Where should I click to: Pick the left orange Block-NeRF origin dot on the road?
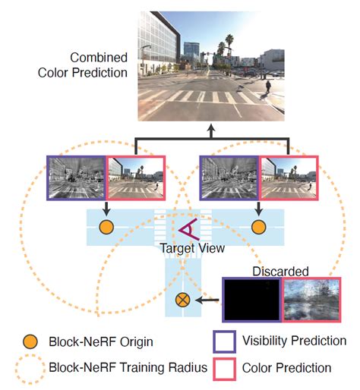pos(106,227)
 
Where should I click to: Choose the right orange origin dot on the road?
pos(259,227)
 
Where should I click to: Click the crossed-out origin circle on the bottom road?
pos(182,300)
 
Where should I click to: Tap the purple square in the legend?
pos(219,341)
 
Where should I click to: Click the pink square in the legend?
pos(219,368)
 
